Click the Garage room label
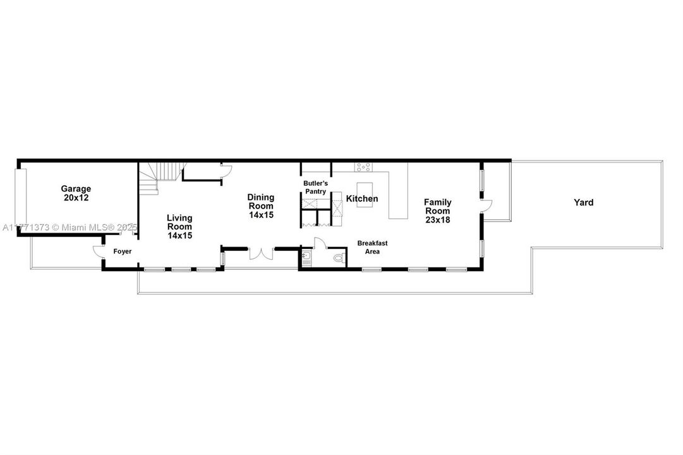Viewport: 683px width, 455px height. coord(76,189)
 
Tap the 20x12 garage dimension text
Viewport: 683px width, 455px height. coord(76,198)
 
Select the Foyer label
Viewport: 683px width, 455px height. coord(123,252)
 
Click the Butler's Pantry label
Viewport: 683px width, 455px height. coord(316,188)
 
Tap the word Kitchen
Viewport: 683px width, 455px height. coord(362,198)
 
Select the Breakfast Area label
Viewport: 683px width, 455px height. coord(372,247)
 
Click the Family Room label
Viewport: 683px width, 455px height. coord(438,207)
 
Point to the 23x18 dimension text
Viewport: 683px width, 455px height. coord(438,220)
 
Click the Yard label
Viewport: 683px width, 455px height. coord(583,202)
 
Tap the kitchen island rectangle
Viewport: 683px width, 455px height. coord(365,195)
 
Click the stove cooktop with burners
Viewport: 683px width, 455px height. coord(363,167)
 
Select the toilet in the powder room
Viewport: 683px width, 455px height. coord(339,258)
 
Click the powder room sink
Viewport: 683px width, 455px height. coord(306,258)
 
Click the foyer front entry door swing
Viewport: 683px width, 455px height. coord(99,252)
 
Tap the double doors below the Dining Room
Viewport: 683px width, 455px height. coord(261,254)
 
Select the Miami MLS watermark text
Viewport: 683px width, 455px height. coord(70,227)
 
